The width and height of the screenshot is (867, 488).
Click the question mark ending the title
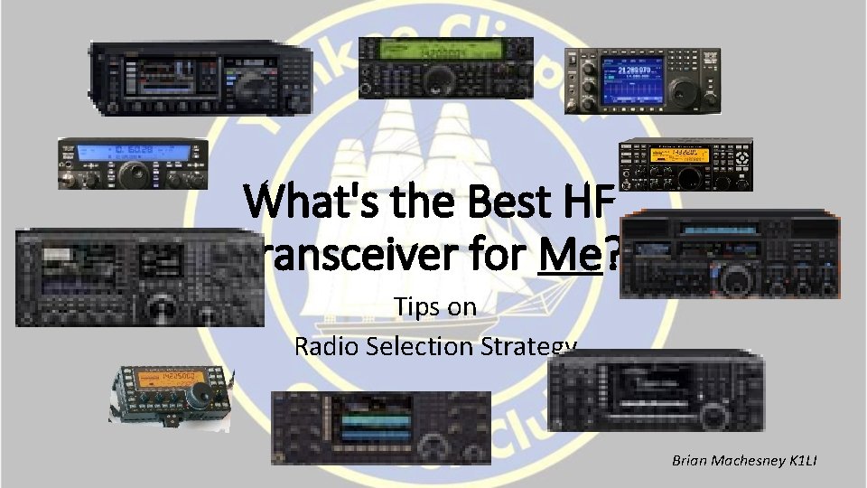[612, 259]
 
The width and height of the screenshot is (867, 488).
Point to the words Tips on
[434, 307]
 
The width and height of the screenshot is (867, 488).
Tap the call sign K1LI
[802, 461]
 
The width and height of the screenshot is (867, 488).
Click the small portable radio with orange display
[170, 396]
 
